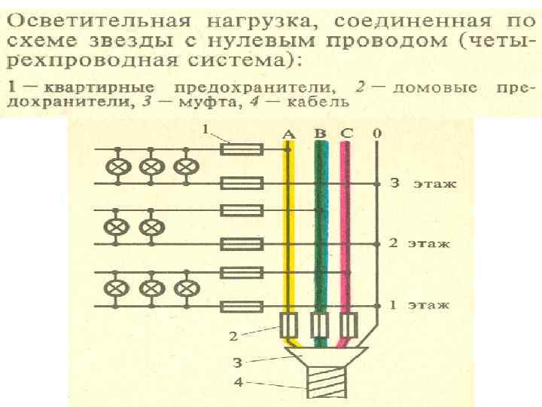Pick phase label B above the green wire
(x=321, y=134)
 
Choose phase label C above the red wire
(x=346, y=134)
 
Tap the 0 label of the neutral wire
(x=376, y=134)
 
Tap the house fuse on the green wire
(x=320, y=326)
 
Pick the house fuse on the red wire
(x=347, y=326)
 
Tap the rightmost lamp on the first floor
(x=184, y=288)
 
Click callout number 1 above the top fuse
(x=205, y=130)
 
